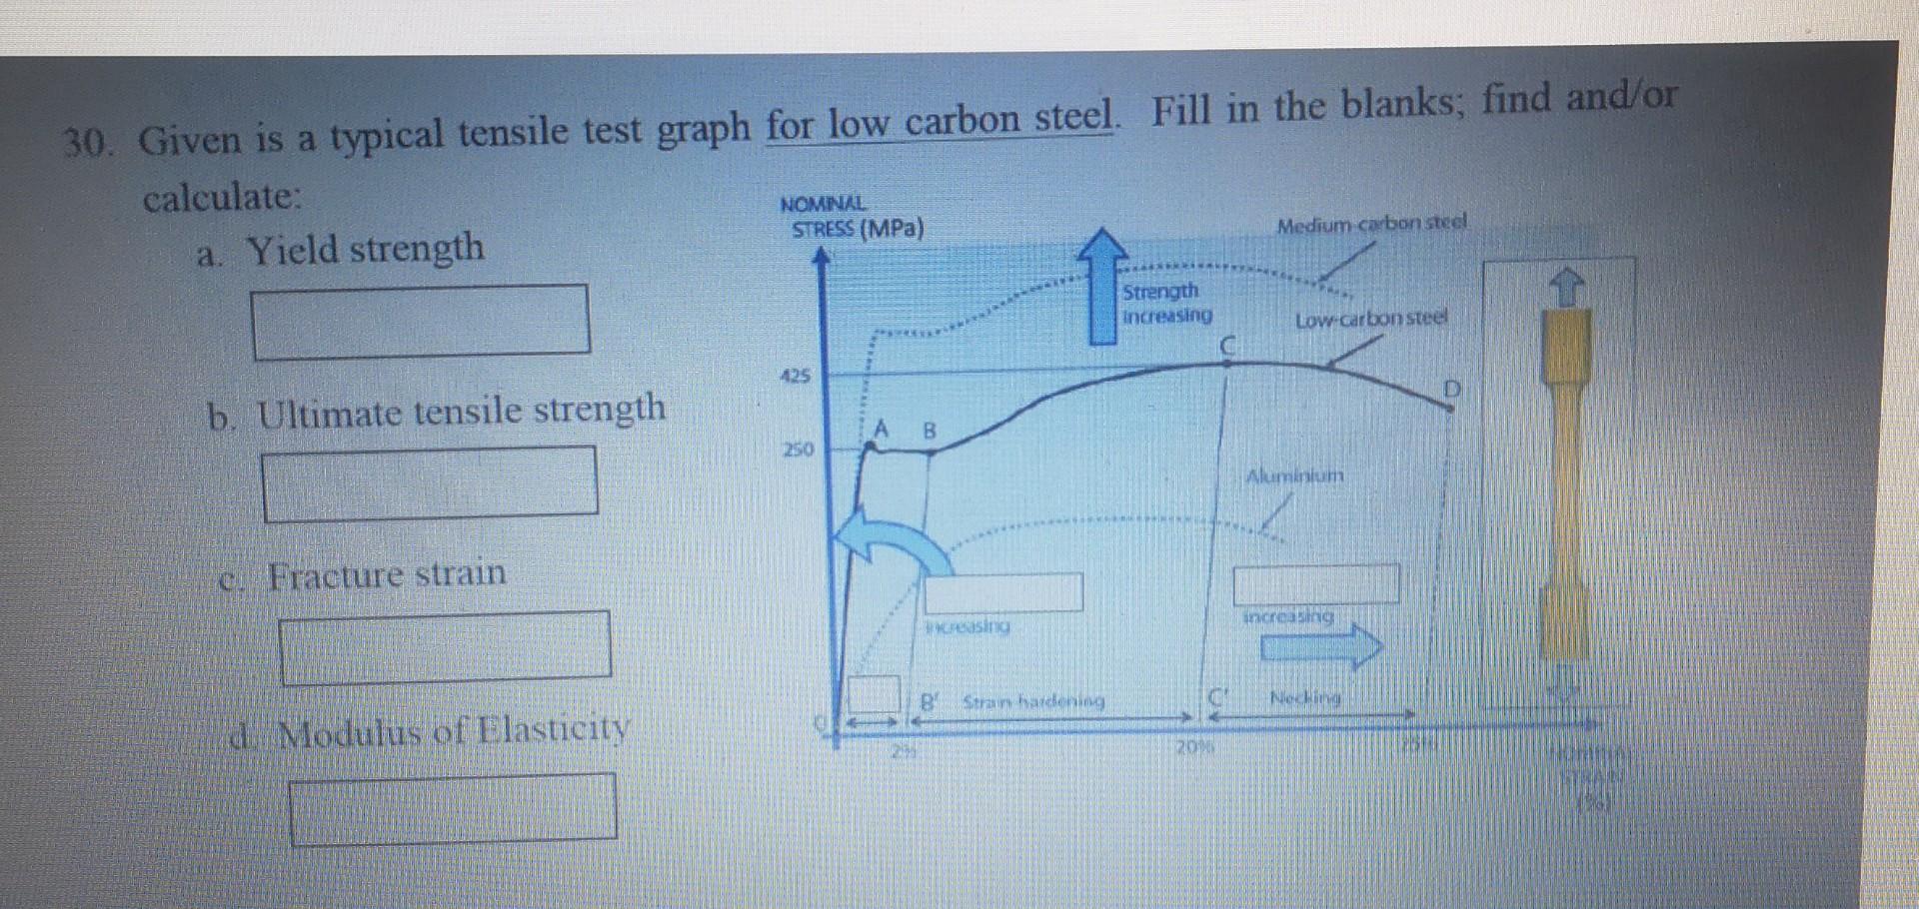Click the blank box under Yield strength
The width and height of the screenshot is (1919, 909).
pos(421,321)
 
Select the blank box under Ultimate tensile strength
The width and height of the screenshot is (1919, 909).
pos(430,482)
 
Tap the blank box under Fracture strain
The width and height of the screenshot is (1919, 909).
pos(445,647)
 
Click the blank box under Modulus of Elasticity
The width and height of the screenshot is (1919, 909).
pos(453,807)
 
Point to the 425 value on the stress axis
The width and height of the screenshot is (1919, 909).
pos(796,377)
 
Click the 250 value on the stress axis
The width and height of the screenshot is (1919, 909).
pos(798,450)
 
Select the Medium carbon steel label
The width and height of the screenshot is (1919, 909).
pos(1371,224)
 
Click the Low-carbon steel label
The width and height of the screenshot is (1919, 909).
pos(1370,321)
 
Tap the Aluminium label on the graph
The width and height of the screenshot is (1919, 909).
pos(1294,476)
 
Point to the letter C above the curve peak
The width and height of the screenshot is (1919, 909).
pos(1228,346)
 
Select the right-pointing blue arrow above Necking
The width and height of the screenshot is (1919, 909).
pos(1320,646)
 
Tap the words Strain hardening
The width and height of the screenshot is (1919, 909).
pos(1033,702)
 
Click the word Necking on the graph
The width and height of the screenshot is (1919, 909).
pos(1304,697)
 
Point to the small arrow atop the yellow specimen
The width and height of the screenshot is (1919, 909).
pos(1566,289)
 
